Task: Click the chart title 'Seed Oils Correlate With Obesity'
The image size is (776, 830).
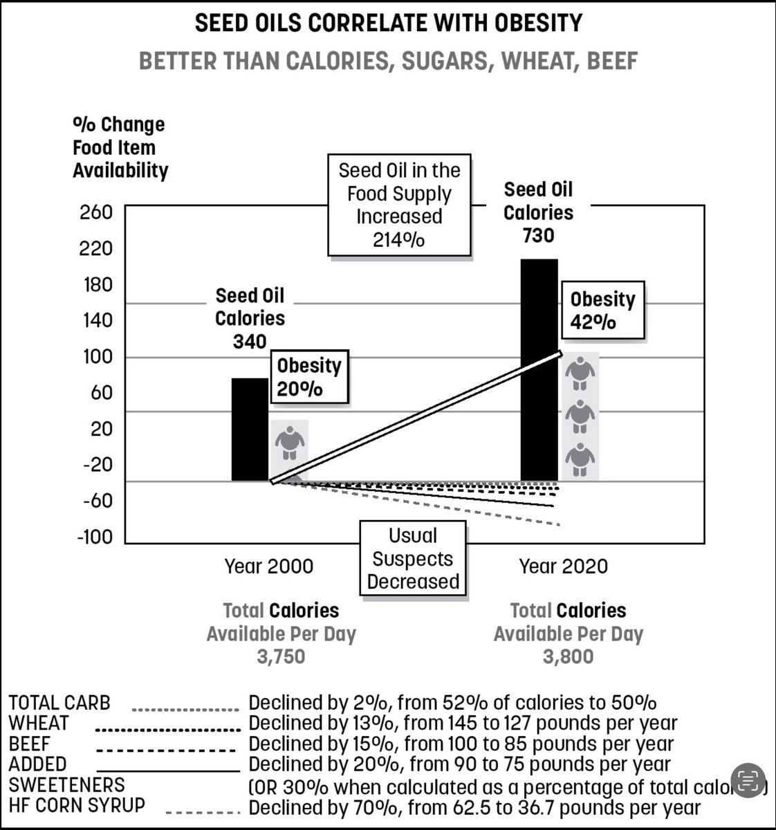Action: click(x=388, y=24)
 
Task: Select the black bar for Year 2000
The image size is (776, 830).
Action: click(x=250, y=429)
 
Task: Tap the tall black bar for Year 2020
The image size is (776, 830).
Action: click(x=539, y=369)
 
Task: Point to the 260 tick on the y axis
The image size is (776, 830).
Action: click(x=96, y=212)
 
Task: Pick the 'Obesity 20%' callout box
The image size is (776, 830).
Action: click(x=308, y=377)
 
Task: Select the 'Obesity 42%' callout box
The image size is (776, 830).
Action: click(x=602, y=311)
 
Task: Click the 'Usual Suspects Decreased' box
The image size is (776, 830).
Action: click(x=413, y=558)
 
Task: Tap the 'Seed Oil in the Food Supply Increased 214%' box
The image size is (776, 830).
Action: click(x=399, y=205)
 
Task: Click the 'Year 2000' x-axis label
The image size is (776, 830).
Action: click(x=268, y=566)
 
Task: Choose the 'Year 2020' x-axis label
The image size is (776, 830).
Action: click(x=564, y=566)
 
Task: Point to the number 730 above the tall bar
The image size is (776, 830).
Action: click(x=538, y=236)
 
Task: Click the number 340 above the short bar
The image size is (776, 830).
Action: click(x=250, y=342)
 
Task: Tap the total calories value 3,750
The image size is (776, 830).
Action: click(x=281, y=656)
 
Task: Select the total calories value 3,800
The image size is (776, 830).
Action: click(x=568, y=656)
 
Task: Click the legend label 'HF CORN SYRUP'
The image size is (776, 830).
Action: click(x=77, y=805)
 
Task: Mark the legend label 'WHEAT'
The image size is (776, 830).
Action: click(x=39, y=723)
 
